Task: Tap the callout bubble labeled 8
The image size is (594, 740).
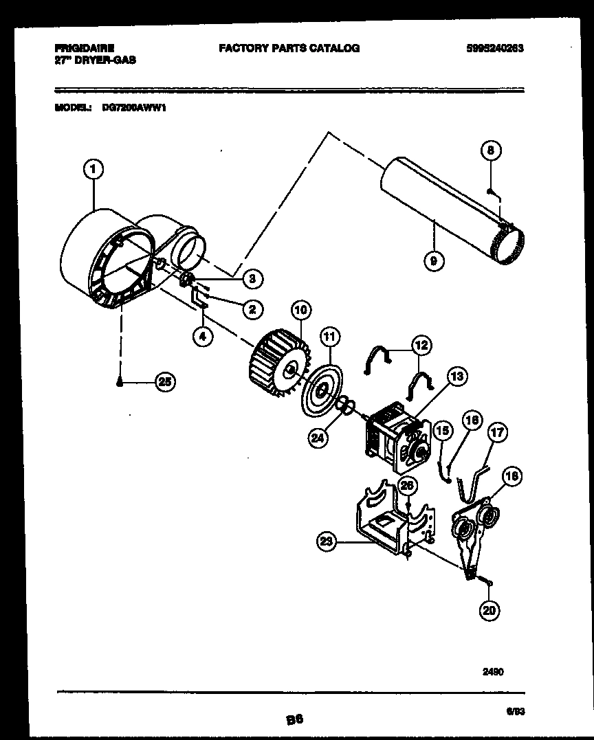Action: (x=489, y=150)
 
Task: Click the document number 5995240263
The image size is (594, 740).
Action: (x=494, y=48)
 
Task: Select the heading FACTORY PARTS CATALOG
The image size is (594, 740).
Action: (x=289, y=48)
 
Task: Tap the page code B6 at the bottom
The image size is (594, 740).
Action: (x=294, y=719)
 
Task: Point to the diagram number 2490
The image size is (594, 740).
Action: (x=493, y=672)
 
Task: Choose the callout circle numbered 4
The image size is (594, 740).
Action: (x=202, y=337)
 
